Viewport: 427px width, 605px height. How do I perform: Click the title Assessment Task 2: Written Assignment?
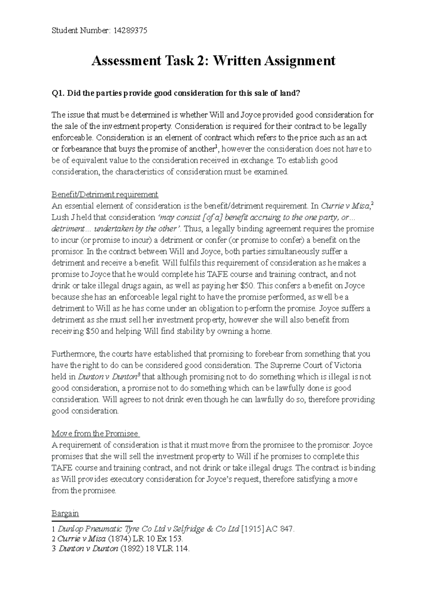(x=213, y=61)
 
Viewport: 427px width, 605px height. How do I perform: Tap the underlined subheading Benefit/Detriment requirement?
(x=105, y=195)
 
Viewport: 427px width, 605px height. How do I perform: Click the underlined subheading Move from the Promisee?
(x=95, y=434)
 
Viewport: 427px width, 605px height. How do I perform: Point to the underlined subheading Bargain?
(x=65, y=513)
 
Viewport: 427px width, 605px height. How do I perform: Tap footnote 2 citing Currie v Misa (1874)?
(x=117, y=539)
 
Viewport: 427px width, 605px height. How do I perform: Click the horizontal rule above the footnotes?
(x=92, y=521)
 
